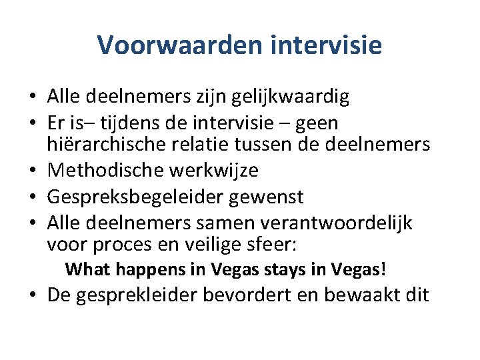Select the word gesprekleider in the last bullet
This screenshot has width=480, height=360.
coord(131,295)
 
